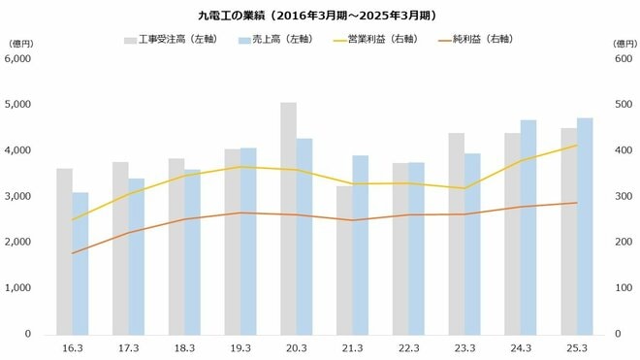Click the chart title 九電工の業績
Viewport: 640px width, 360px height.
319,15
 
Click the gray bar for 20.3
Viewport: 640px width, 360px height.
288,218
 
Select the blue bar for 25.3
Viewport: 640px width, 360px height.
585,226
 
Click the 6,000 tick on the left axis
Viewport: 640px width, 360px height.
18,58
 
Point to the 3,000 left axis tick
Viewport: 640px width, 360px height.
18,196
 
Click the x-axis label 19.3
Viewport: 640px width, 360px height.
240,348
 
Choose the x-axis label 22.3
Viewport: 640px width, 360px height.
408,348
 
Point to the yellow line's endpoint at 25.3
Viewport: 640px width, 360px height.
577,146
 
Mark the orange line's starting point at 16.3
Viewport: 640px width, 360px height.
72,253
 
